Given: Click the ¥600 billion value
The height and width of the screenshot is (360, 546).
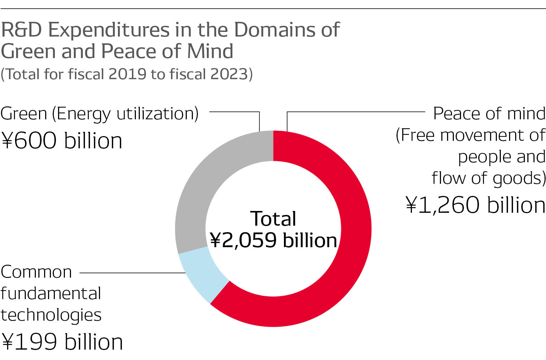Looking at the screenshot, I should coord(62,140).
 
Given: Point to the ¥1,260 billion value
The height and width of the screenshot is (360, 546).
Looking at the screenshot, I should coord(475,205).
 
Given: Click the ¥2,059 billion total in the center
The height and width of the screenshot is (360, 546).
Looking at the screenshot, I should coord(273,240).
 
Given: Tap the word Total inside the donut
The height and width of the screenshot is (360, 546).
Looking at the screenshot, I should coord(273,219).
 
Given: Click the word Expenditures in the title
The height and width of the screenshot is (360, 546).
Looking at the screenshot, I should coord(109,30).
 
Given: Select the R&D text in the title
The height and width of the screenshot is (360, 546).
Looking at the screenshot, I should coord(22,30).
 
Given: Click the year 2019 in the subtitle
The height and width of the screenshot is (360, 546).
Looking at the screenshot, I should coord(127,74).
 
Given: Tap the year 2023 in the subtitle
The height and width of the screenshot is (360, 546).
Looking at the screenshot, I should coord(229,74).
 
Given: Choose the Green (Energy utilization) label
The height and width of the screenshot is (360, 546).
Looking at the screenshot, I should coord(99,114).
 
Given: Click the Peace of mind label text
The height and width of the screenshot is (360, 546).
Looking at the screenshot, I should coord(489,114).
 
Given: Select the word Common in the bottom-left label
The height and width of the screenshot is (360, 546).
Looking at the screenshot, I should coord(36,272).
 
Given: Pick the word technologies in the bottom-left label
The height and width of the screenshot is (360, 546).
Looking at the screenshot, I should coord(51,315).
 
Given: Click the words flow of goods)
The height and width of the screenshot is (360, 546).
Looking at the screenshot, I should coord(489,178).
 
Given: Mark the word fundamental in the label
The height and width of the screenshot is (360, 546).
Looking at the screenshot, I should coord(51,293).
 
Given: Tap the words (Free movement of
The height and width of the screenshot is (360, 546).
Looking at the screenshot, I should coord(470,135).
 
